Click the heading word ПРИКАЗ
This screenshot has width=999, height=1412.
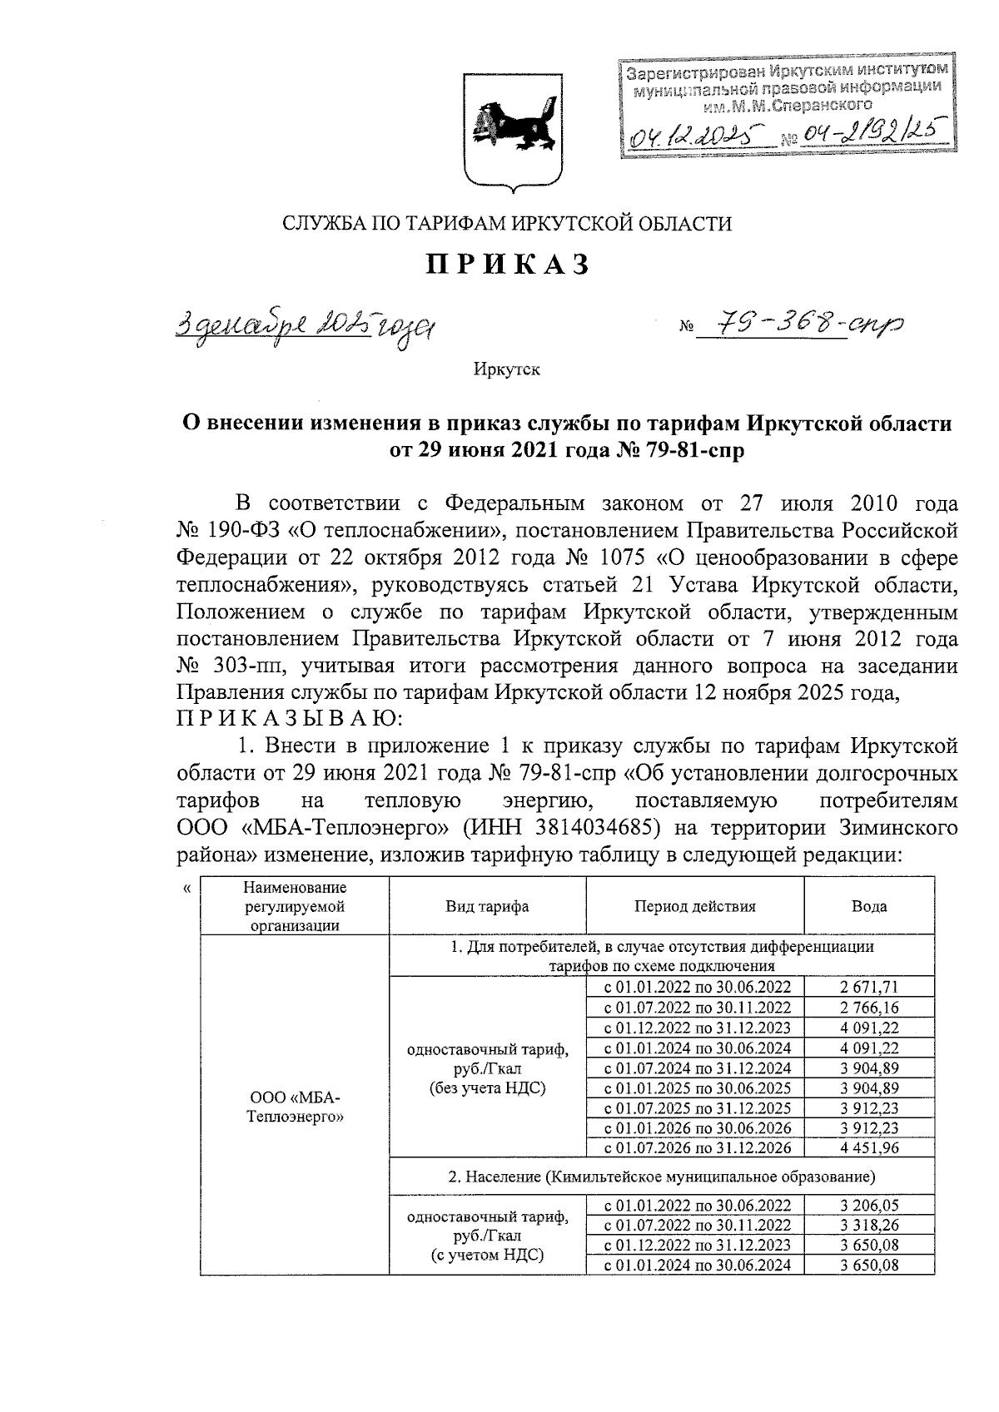[509, 265]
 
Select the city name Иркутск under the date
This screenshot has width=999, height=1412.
[506, 369]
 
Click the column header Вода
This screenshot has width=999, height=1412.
[868, 907]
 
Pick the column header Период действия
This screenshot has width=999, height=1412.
[694, 907]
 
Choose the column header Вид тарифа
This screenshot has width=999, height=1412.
[487, 907]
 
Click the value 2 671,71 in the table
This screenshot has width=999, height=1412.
[868, 988]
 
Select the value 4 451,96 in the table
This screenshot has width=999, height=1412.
[868, 1148]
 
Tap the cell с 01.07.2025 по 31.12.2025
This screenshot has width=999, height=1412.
[695, 1108]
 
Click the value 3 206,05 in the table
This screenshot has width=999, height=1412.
[868, 1205]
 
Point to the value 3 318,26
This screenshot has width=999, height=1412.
[868, 1225]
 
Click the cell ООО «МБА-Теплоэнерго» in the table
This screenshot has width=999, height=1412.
[296, 1107]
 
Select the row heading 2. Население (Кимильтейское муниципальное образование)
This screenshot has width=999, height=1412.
[662, 1177]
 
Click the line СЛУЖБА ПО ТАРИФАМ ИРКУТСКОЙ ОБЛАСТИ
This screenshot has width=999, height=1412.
[508, 223]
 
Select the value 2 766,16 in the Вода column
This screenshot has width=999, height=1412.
[868, 1008]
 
